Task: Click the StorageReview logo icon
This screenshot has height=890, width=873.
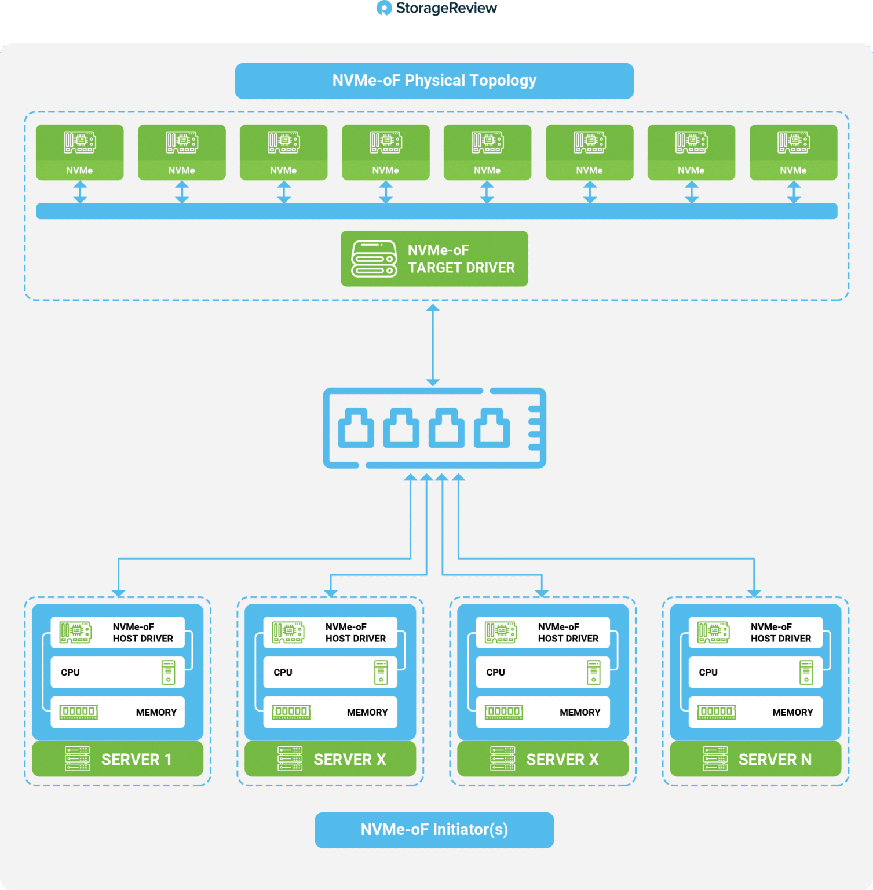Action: click(384, 8)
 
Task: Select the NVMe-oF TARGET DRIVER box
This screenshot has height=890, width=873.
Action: click(434, 258)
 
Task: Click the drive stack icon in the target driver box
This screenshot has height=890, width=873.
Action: click(374, 259)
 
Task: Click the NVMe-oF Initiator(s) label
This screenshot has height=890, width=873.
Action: click(434, 830)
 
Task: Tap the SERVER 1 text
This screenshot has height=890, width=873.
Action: click(137, 760)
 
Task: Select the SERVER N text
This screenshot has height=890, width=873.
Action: click(775, 760)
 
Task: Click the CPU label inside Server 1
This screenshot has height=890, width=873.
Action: click(71, 672)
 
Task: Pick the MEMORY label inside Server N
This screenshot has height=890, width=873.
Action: click(792, 712)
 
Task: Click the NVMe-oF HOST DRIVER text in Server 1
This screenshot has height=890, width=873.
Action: click(143, 633)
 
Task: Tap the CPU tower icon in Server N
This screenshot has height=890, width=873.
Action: click(806, 672)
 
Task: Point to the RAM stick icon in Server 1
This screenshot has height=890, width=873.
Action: click(79, 712)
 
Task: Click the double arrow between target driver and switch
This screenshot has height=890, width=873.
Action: click(433, 345)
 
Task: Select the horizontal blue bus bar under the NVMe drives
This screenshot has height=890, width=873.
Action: click(437, 211)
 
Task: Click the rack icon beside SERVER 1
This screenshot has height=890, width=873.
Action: click(78, 759)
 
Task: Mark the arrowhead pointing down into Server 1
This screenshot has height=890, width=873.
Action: click(119, 593)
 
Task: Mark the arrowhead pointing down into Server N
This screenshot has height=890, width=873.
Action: click(754, 593)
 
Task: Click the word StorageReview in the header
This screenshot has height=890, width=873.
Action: click(447, 8)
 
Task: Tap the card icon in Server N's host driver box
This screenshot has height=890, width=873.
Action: click(714, 632)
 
